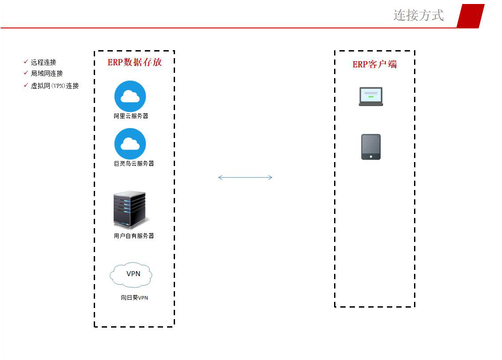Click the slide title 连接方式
(x=418, y=15)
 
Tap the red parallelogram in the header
(x=470, y=16)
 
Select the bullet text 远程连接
(x=44, y=62)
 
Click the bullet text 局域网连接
(x=47, y=73)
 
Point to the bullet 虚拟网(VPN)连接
(x=55, y=86)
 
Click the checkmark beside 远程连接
(x=26, y=62)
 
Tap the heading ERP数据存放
(x=135, y=62)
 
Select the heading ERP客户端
(x=375, y=64)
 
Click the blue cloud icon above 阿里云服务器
(x=130, y=96)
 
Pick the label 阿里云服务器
(x=131, y=116)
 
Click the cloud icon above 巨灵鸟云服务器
(x=130, y=143)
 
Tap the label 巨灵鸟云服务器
(x=134, y=163)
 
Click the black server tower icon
(x=130, y=210)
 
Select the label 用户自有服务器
(x=134, y=236)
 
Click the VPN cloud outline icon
(x=131, y=275)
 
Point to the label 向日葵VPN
(x=134, y=297)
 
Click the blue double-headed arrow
(x=245, y=178)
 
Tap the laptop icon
(x=371, y=96)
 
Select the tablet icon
(x=371, y=147)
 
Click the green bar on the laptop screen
(x=371, y=97)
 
